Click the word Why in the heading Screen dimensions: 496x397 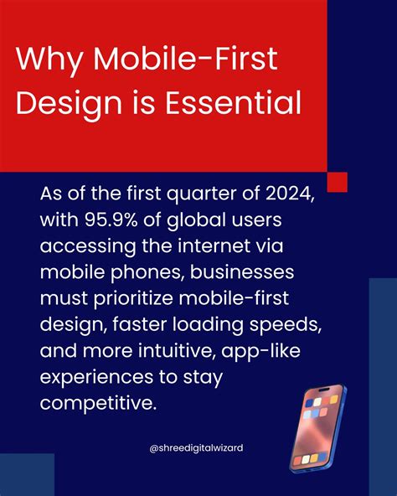tap(48, 61)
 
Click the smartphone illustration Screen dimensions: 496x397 tap(317, 427)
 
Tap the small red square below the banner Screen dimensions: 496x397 tap(337, 182)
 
